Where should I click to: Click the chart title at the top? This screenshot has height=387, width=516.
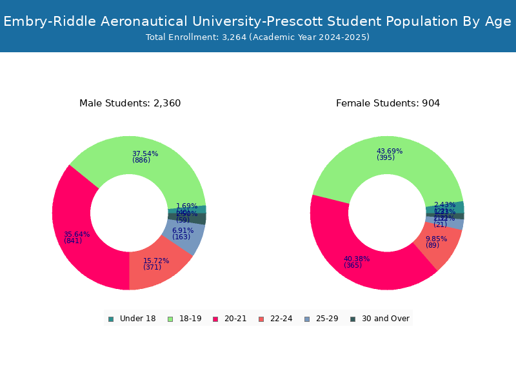pos(257,21)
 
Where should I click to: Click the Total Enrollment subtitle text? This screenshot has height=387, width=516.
pos(257,37)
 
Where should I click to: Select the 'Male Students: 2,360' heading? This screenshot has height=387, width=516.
pos(130,103)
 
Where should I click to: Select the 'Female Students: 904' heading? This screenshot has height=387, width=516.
pos(388,103)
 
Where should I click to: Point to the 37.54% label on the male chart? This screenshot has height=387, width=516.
pos(145,154)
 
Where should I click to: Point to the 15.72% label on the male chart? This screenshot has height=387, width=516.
pos(156,261)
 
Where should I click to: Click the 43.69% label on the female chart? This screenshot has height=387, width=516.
pos(390,152)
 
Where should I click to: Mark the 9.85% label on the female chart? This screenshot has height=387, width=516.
pos(436,239)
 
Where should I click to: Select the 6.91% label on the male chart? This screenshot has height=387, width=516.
pos(183,230)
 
